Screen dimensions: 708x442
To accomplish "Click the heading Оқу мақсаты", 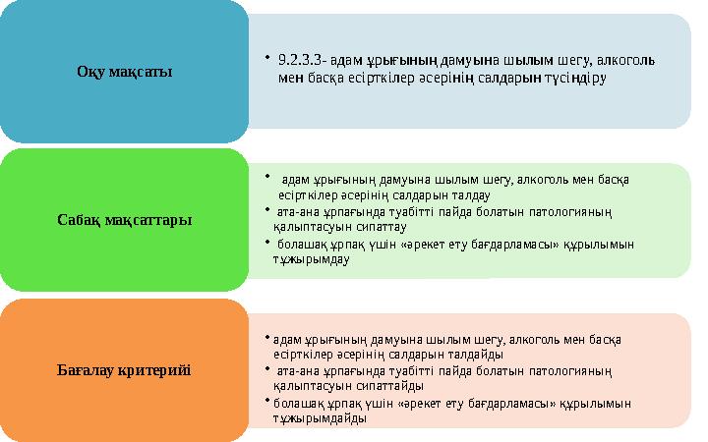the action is click(x=124, y=72).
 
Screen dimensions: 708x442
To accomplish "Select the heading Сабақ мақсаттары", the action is click(x=124, y=220).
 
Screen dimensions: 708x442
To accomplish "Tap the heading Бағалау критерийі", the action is click(x=124, y=370).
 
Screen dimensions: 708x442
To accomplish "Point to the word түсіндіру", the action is click(x=575, y=78).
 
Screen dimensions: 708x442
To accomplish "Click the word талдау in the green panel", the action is click(x=470, y=195).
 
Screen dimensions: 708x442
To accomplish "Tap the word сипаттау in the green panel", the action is click(x=382, y=227).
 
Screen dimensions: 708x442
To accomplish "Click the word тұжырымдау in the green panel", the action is click(x=311, y=259).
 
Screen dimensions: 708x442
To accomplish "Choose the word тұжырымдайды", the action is click(x=320, y=418).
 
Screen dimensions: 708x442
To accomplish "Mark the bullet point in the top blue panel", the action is click(x=267, y=58).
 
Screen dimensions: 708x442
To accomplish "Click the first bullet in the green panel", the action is click(x=267, y=177).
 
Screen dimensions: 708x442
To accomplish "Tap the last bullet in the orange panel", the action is click(x=267, y=400).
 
